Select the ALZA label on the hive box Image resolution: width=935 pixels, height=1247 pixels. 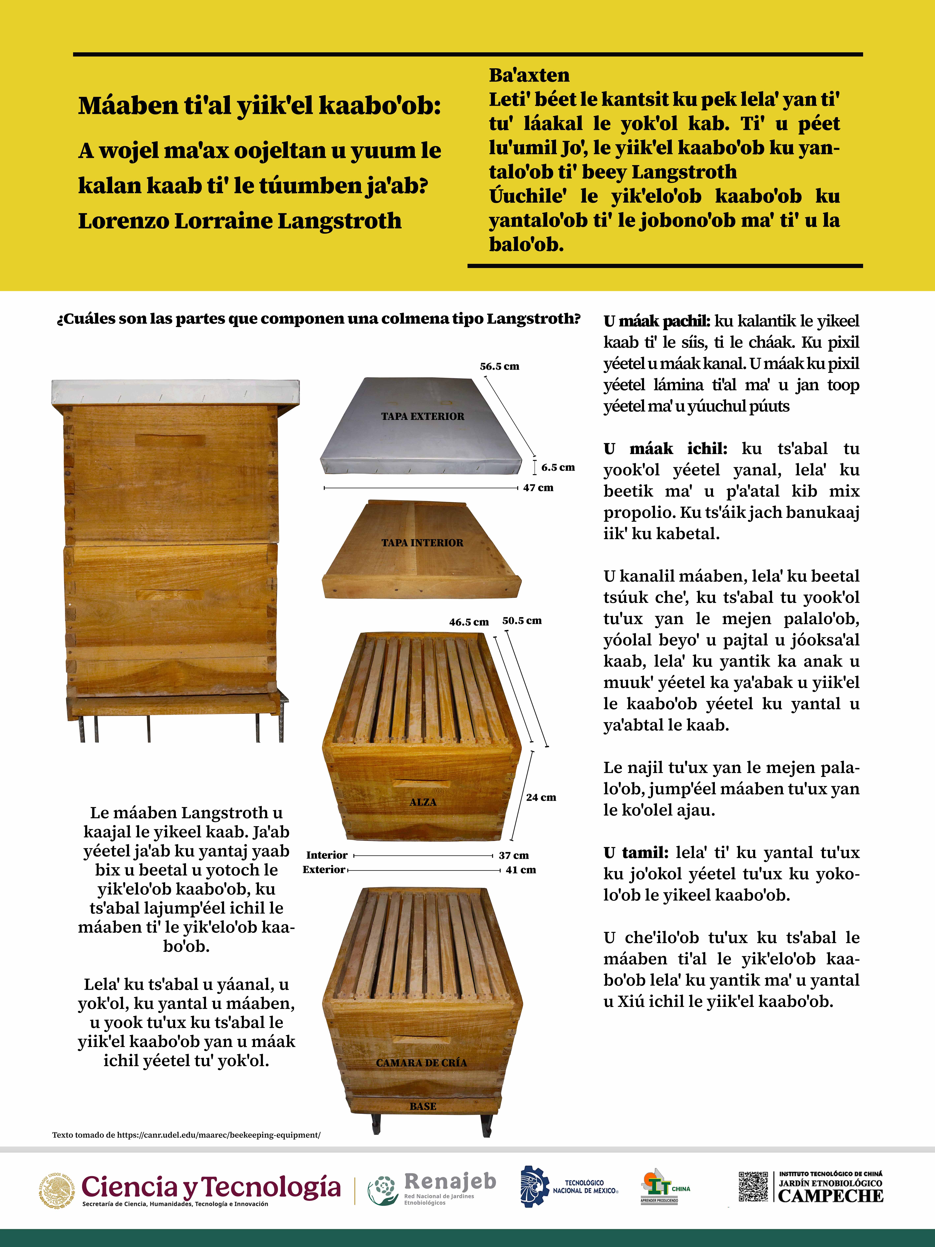[423, 802]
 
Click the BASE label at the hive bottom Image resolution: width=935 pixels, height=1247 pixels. [423, 1107]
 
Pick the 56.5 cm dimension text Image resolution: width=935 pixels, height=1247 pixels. [499, 366]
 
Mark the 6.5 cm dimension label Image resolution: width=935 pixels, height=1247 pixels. [558, 467]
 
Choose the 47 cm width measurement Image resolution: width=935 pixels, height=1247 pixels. [538, 488]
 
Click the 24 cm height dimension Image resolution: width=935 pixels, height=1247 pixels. [541, 797]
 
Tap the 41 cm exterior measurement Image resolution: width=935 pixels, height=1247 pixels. [521, 870]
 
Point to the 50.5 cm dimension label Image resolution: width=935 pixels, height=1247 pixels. [522, 621]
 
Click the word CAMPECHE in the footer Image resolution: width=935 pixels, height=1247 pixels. [831, 1196]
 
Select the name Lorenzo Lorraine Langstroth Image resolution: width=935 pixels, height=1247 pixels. [239, 221]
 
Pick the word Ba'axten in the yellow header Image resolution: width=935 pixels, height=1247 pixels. [529, 75]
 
